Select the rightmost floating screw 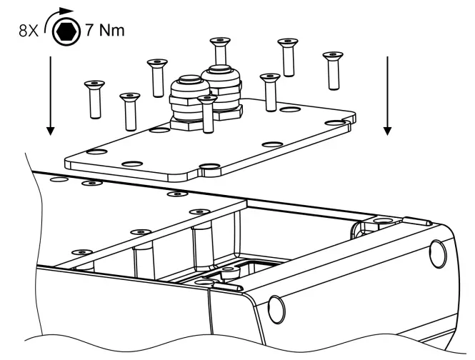[331, 70]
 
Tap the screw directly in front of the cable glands [206, 114]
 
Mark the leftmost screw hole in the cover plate [94, 152]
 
